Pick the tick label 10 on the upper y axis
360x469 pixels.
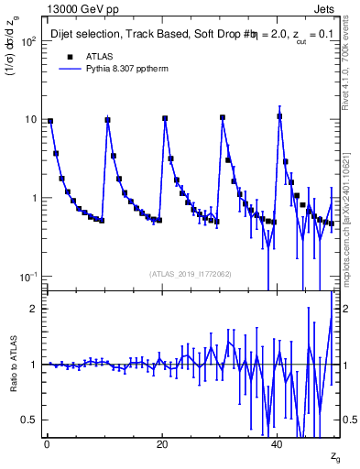pyautogui.click(x=29, y=120)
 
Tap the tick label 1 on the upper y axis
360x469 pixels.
pyautogui.click(x=33, y=198)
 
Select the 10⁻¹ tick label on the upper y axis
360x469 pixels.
pyautogui.click(x=27, y=277)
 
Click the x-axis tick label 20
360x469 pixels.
pyautogui.click(x=162, y=442)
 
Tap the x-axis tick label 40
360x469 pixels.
pyautogui.click(x=278, y=442)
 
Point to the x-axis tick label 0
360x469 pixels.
pyautogui.click(x=46, y=442)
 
